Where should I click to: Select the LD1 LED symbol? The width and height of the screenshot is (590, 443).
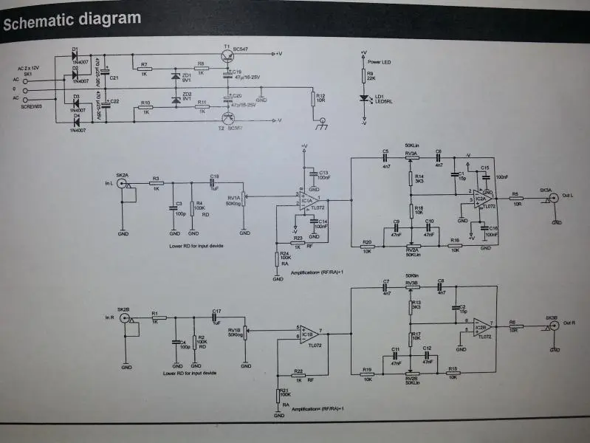tap(363, 98)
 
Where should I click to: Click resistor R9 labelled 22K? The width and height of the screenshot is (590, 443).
tap(363, 75)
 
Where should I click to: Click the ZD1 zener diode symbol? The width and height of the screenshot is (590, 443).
tap(176, 76)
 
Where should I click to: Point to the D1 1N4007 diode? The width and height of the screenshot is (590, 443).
tap(75, 57)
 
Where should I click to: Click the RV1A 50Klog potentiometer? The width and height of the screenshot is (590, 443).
tap(244, 197)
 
